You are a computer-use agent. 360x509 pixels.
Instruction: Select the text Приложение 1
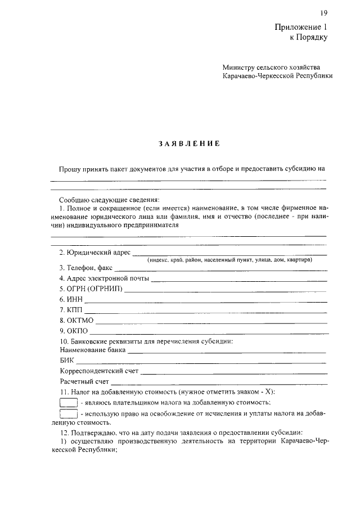click(300, 27)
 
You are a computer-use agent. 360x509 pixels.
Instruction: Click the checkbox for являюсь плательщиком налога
click(68, 402)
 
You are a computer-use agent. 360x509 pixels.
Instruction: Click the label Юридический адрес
click(95, 253)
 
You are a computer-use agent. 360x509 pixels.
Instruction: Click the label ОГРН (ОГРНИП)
click(91, 290)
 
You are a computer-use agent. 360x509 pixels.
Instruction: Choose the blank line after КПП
click(205, 312)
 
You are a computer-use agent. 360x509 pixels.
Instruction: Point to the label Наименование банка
click(92, 351)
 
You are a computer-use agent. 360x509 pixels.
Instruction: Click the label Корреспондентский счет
click(99, 372)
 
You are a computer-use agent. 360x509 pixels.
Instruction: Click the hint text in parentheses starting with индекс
click(229, 260)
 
